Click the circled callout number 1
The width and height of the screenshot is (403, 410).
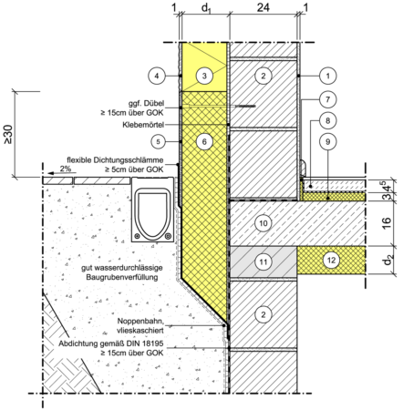coord(327,76)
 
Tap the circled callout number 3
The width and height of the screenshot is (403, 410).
coord(204,76)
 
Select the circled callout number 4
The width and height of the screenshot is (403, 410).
coord(157,76)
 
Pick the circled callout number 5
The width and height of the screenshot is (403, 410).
coord(158,141)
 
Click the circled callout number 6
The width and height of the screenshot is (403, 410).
coord(204,141)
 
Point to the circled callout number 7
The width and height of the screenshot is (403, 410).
coord(327,99)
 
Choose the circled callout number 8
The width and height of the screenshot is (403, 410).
coord(327,120)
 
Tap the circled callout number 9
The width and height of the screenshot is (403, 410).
coord(327,141)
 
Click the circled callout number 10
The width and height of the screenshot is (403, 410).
coord(263,223)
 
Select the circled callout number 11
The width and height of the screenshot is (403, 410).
coord(263,261)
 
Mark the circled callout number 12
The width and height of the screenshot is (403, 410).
coord(331,260)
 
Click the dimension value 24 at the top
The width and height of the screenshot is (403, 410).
coord(263,7)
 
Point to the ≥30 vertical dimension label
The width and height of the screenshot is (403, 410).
coord(8,134)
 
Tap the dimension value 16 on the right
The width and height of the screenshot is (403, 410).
coord(386,223)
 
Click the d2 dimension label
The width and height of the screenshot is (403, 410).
coord(387,260)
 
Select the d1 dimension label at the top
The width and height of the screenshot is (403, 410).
coord(206,8)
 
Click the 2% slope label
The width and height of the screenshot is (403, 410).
coord(66,169)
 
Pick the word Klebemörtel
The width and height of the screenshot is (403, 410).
coord(143,125)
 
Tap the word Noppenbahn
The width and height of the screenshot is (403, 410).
coord(140,321)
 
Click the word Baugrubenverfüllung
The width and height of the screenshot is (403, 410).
coord(122,277)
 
